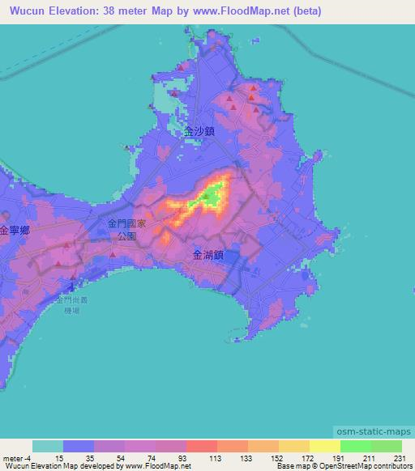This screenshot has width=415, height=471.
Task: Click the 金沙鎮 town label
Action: [x=199, y=129]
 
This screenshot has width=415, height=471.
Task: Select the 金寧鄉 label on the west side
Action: [x=15, y=230]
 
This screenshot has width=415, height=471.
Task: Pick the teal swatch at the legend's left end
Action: [x=48, y=445]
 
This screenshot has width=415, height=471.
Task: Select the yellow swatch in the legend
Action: [x=324, y=445]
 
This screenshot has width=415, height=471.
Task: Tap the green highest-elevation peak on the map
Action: [x=212, y=195]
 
